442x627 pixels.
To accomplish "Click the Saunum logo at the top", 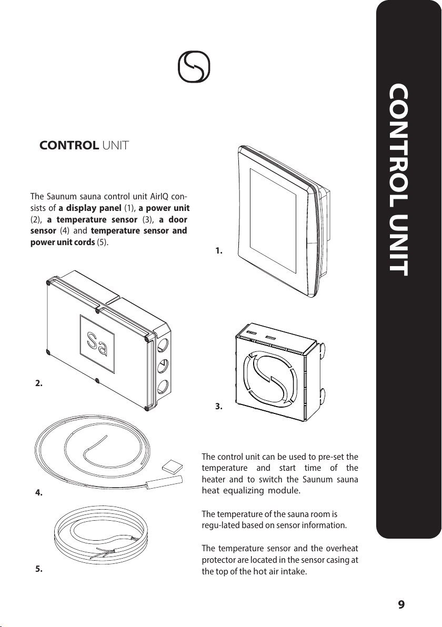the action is coord(194,67).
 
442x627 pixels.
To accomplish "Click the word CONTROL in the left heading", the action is coord(69,145).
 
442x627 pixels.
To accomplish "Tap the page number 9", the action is coord(401,604).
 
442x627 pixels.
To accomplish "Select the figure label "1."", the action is coord(219,251).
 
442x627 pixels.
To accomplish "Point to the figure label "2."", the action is coord(39,383).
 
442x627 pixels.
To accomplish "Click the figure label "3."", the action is coord(219,407).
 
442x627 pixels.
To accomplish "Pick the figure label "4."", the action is coord(39,493).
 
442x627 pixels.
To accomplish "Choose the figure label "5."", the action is coord(39,569).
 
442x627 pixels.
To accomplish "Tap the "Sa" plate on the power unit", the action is coord(97,344).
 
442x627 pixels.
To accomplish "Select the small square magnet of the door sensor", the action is coord(172,467).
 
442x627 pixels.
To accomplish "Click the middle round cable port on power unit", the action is coord(163,366).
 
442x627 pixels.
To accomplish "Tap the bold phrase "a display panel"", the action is coord(90,208).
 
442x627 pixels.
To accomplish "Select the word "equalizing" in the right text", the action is coord(244,491).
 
